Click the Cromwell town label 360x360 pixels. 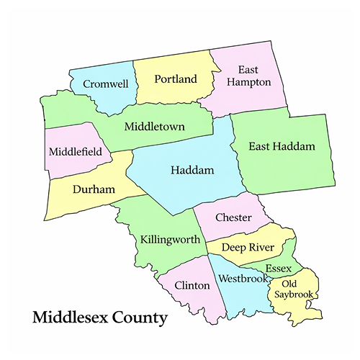[x=106, y=84]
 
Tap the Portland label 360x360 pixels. [x=175, y=79]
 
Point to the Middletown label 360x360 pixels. [x=155, y=127]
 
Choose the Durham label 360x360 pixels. [x=94, y=189]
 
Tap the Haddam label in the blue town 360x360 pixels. [x=192, y=171]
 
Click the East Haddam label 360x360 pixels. [x=282, y=147]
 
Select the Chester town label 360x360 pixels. [x=233, y=217]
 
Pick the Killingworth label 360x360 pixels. [x=170, y=239]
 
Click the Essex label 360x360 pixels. [x=278, y=269]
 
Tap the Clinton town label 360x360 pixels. [x=191, y=286]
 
